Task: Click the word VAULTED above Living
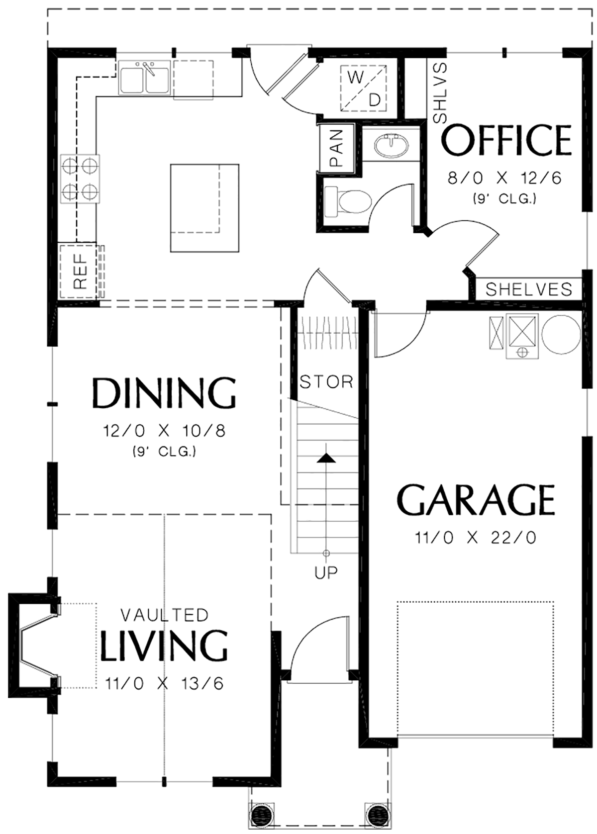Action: click(165, 616)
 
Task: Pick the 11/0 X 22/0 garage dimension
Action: click(476, 538)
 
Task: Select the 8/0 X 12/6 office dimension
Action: click(504, 179)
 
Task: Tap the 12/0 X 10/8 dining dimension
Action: click(164, 432)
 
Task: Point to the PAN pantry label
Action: click(336, 148)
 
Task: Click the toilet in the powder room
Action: click(348, 202)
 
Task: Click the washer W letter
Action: click(356, 78)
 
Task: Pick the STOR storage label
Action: click(326, 381)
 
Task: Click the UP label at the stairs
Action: click(326, 573)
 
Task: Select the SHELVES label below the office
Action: click(529, 289)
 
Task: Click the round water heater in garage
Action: click(561, 334)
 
